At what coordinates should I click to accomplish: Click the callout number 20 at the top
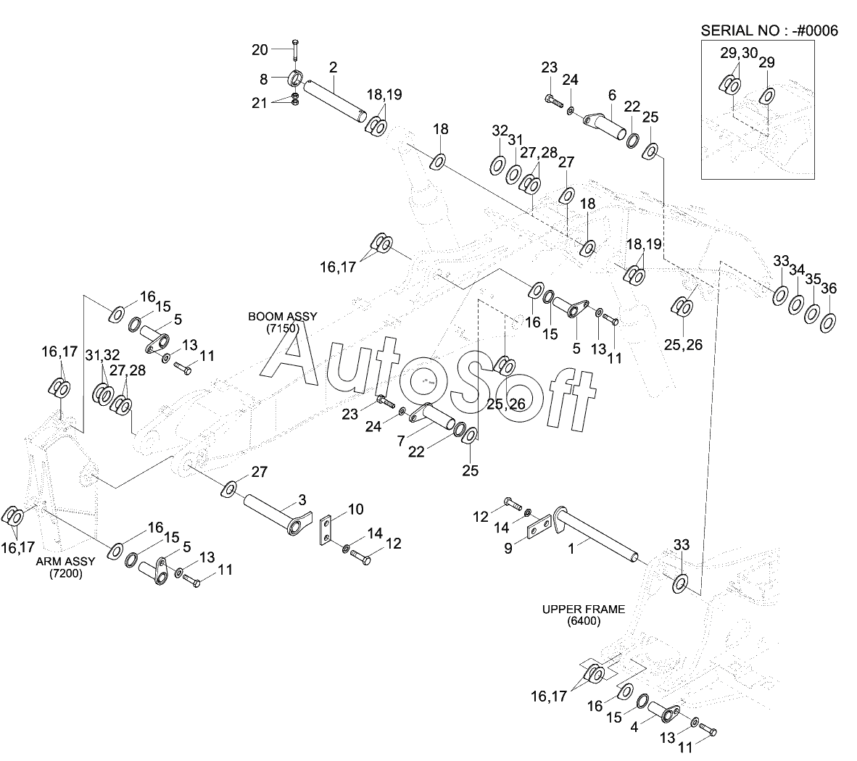[x=260, y=50]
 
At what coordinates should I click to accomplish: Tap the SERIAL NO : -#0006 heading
[x=769, y=30]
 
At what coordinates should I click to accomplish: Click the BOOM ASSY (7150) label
[x=282, y=323]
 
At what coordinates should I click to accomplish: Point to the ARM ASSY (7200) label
[x=65, y=567]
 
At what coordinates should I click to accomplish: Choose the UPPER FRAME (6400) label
[x=583, y=615]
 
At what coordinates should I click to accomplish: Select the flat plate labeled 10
[x=326, y=530]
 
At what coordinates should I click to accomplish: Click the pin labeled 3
[x=277, y=515]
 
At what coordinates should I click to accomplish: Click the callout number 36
[x=829, y=288]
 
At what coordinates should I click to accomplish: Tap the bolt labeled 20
[x=295, y=50]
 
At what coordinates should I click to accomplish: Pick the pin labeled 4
[x=663, y=712]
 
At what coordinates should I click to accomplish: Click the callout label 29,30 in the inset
[x=738, y=53]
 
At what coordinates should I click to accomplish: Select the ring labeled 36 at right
[x=828, y=322]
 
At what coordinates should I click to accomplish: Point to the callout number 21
[x=260, y=103]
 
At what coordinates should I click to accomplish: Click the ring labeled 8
[x=294, y=80]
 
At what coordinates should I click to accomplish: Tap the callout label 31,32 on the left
[x=102, y=355]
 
